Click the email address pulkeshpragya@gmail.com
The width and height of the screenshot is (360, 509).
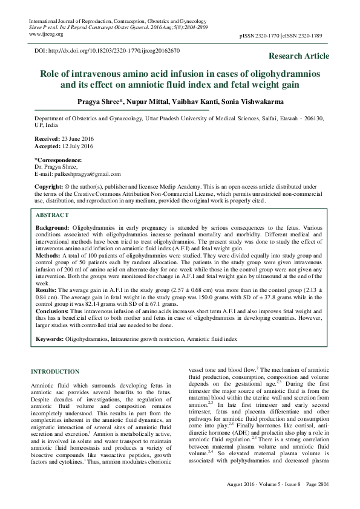click(x=94, y=173)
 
